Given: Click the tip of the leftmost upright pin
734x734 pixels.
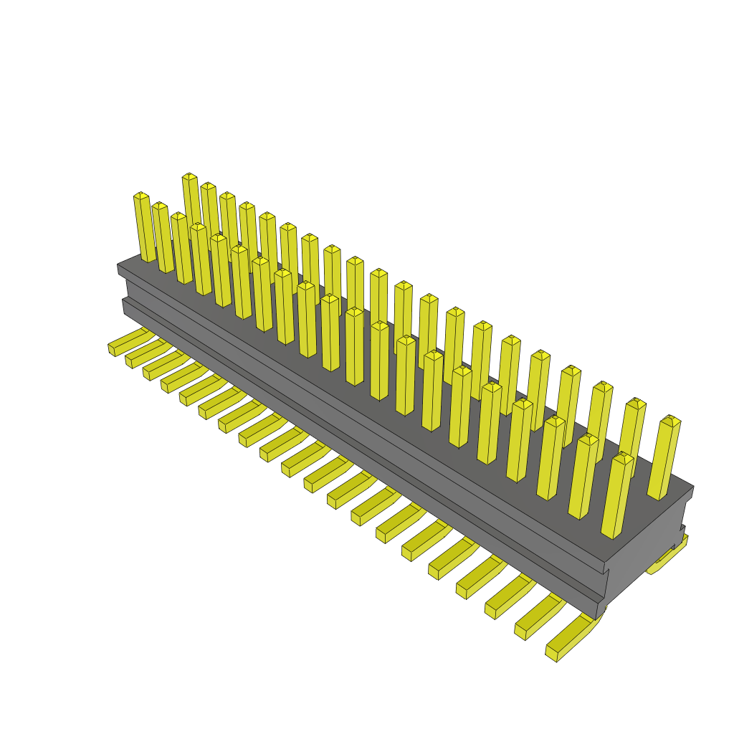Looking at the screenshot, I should [x=141, y=195].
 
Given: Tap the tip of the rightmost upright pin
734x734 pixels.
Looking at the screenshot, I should [x=671, y=419].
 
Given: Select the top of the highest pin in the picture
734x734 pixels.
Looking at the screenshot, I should [x=189, y=176].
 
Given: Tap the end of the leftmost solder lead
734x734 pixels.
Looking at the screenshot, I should [x=112, y=350].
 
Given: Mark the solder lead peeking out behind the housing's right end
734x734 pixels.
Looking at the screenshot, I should [x=667, y=559].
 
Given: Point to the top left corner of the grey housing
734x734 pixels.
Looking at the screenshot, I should [x=119, y=265].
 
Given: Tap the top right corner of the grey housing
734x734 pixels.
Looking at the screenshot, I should [x=692, y=487].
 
